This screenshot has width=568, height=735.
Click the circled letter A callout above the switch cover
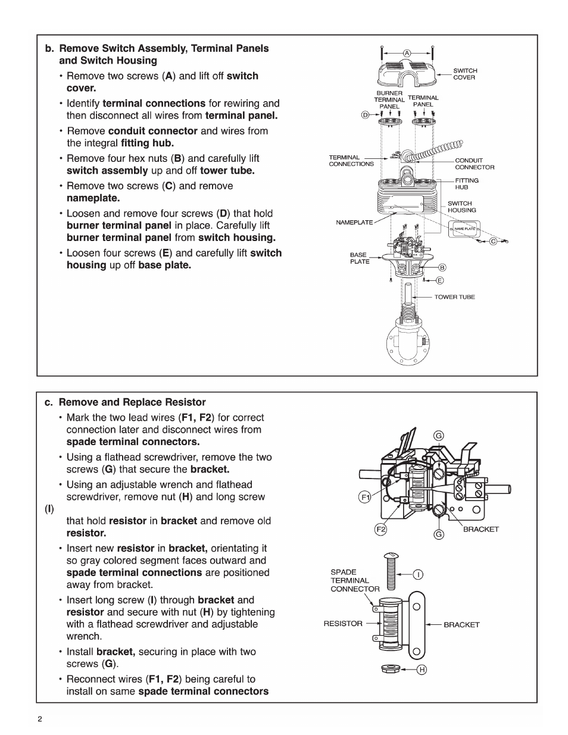tap(407, 53)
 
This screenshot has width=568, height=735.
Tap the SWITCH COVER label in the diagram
tap(465, 74)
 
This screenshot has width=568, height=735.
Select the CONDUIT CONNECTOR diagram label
tap(474, 164)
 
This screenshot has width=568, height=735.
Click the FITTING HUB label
tap(466, 183)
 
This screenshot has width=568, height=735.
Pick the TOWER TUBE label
tap(454, 297)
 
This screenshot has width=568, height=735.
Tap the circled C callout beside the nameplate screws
tap(493, 242)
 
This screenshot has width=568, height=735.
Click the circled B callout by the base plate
tap(442, 268)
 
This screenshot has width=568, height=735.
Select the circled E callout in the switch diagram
tap(440, 280)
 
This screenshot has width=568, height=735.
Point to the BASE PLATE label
tap(360, 258)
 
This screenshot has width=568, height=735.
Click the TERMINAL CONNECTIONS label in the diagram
tap(351, 161)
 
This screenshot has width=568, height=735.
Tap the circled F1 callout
tap(365, 496)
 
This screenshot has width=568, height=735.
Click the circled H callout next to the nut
tap(422, 670)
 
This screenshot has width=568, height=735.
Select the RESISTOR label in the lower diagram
tap(342, 624)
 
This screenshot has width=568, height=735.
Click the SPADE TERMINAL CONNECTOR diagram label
tap(354, 580)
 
